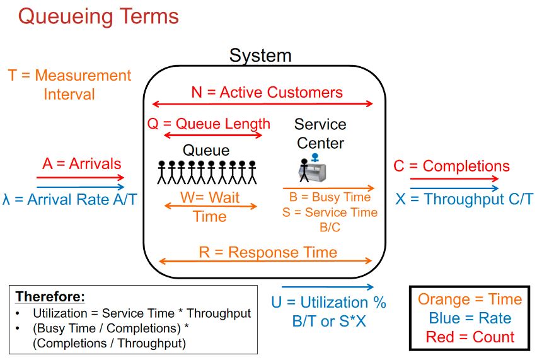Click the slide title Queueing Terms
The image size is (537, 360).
click(x=98, y=16)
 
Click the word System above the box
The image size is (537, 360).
click(x=260, y=55)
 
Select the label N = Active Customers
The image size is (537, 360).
click(x=267, y=92)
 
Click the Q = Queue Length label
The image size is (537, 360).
click(x=209, y=124)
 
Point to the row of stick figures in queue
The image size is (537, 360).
click(x=207, y=172)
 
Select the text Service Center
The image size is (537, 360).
click(x=320, y=134)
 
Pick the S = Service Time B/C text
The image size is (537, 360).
click(x=330, y=219)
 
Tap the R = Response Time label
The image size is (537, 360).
click(x=268, y=252)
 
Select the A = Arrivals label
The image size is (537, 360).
click(x=81, y=164)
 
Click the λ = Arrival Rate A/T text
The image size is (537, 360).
click(x=70, y=200)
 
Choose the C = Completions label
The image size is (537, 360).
click(x=451, y=166)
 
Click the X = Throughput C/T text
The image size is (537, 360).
click(x=465, y=199)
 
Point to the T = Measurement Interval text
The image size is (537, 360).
click(x=69, y=84)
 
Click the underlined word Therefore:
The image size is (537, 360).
click(x=50, y=296)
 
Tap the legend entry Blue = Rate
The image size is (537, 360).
click(x=470, y=318)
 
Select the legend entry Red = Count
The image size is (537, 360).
click(x=470, y=337)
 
